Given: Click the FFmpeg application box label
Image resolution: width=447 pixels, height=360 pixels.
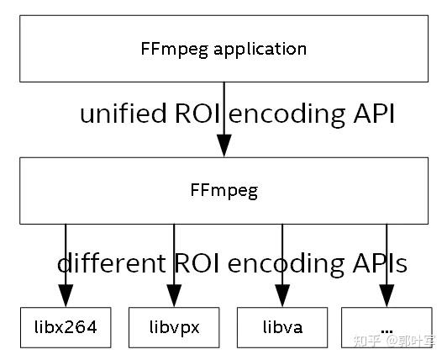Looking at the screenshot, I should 223,48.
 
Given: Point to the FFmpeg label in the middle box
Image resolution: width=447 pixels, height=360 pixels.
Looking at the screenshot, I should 223,190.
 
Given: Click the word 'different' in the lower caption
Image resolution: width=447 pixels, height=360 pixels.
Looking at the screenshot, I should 111,263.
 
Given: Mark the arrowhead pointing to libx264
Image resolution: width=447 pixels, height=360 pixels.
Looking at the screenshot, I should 66,294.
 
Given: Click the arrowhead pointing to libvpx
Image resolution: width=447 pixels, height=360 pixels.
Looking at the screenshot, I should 174,294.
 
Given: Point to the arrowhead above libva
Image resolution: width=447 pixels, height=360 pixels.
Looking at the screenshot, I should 282,294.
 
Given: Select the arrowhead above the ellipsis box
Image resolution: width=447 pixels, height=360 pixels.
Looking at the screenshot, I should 387,294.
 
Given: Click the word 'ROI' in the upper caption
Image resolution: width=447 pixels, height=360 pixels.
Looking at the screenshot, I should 197,114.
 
